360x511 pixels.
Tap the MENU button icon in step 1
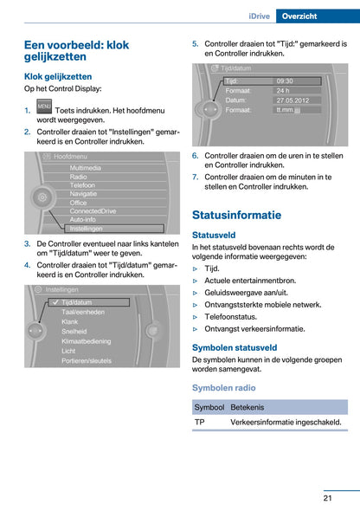click(x=44, y=107)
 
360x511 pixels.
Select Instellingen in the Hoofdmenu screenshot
click(x=86, y=229)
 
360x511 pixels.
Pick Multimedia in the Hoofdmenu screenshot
click(x=85, y=167)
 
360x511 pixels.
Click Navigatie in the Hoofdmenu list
click(x=84, y=193)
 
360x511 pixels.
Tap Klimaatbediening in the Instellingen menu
click(x=87, y=341)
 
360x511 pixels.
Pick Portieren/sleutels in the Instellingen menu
click(x=86, y=360)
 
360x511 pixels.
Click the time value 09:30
click(x=285, y=81)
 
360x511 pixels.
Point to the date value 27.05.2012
click(x=292, y=100)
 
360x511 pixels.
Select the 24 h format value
click(x=283, y=90)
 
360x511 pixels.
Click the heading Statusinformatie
click(x=236, y=215)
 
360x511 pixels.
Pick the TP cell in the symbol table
click(x=200, y=422)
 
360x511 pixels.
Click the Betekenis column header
click(x=247, y=406)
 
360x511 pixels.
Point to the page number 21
click(x=329, y=497)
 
